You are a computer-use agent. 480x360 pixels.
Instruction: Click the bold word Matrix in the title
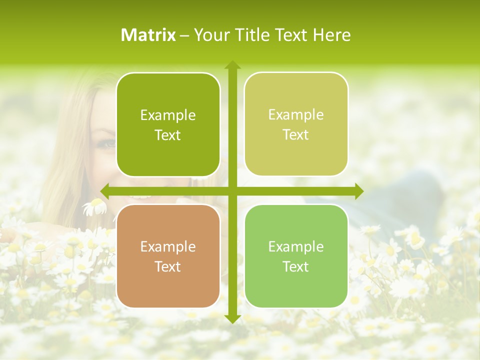click(148, 35)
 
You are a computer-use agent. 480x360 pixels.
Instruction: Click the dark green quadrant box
click(168, 125)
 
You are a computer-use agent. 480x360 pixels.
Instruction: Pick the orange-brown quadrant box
click(168, 256)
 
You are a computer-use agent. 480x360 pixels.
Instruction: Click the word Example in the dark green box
click(168, 115)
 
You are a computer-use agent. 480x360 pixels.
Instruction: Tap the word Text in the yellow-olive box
click(296, 135)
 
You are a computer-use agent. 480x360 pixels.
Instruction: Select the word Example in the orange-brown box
click(168, 246)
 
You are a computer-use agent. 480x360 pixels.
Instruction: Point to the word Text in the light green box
click(296, 266)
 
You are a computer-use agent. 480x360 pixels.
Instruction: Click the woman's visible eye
click(107, 144)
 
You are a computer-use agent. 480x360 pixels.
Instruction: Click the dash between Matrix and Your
click(184, 35)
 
